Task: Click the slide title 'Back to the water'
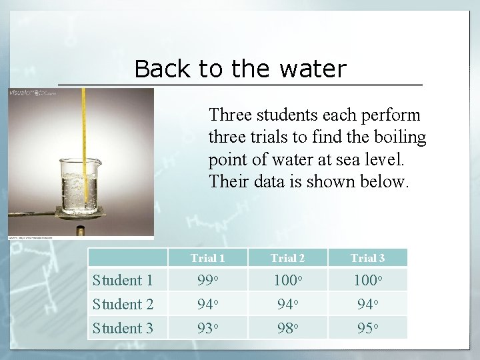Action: [x=240, y=69]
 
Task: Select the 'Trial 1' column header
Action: [x=207, y=258]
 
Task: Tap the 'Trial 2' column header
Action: [x=287, y=258]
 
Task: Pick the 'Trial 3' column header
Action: [x=367, y=258]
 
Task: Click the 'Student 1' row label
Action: [x=123, y=280]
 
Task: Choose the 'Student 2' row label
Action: [x=123, y=304]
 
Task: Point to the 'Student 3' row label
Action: [x=123, y=328]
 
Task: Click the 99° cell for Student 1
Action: [x=207, y=280]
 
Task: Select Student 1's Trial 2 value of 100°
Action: [x=287, y=280]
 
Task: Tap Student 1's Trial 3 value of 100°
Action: [x=367, y=280]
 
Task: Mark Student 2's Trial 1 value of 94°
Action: [x=207, y=304]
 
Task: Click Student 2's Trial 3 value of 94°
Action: [x=367, y=304]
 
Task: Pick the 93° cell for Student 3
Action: [x=207, y=328]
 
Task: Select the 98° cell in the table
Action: [x=287, y=328]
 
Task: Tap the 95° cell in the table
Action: [x=367, y=328]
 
